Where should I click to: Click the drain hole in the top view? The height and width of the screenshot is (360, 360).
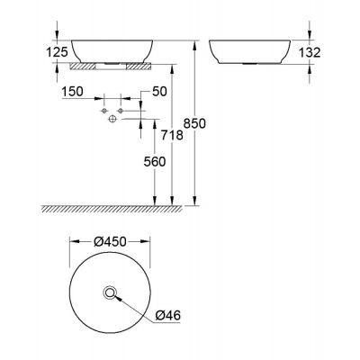(x=110, y=292)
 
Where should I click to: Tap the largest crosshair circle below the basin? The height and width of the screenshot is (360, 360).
(x=112, y=118)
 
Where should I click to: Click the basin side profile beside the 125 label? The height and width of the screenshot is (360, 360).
(x=110, y=49)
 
